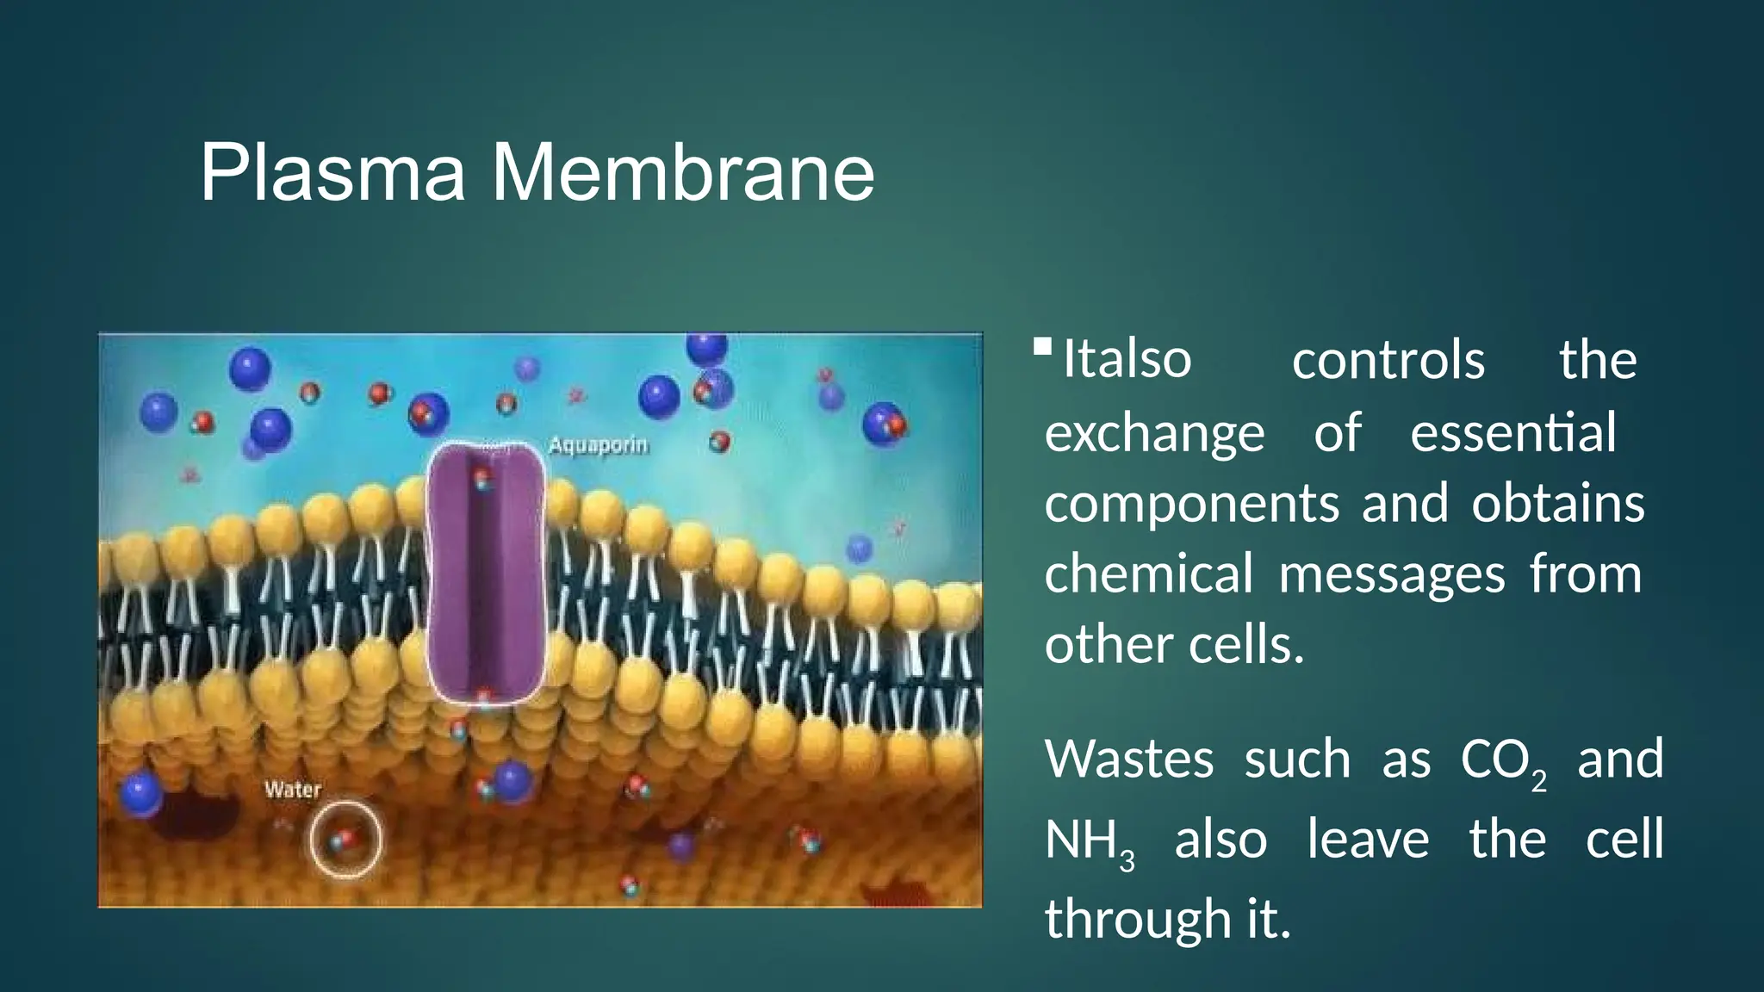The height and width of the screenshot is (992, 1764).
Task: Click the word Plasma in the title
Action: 332,173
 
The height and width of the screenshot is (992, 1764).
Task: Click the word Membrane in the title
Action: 682,173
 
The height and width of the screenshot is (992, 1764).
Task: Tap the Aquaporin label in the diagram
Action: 598,446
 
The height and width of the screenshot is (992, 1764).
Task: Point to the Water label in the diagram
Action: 293,790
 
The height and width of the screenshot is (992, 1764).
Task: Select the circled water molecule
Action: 345,840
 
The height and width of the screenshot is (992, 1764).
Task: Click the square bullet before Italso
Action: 1042,347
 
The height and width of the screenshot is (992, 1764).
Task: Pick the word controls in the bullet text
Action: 1388,360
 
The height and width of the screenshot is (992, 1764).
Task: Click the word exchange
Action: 1154,432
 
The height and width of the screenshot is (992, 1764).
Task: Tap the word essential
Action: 1512,432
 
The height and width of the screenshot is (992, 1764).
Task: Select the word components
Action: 1192,504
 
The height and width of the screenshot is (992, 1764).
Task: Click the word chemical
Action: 1149,574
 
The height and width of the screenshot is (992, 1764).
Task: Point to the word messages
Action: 1392,574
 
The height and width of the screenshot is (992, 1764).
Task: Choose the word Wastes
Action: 1129,759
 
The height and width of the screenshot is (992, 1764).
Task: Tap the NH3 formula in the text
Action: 1090,842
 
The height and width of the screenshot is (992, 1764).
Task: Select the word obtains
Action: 1557,504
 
